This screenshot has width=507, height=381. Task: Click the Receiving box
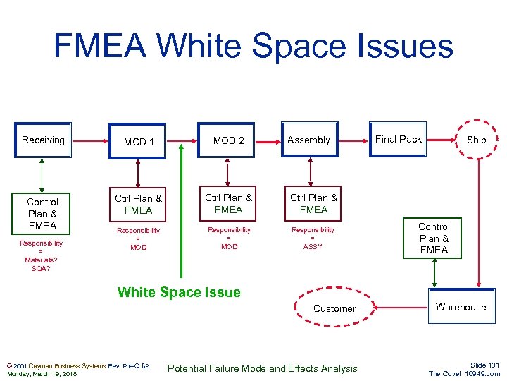coord(43,140)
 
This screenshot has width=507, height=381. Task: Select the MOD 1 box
coord(139,141)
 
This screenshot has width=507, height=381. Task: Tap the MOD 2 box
coord(228,140)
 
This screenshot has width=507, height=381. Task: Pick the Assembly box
coord(308,140)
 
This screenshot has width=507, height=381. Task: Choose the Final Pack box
coord(398,140)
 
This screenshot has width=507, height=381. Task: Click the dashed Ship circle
coord(476,140)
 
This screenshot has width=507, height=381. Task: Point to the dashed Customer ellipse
coord(334,308)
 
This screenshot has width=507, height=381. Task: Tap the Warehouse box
coord(461,307)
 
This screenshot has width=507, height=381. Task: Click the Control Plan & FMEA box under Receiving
coord(43,213)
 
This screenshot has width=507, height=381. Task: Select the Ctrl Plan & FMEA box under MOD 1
coord(139,204)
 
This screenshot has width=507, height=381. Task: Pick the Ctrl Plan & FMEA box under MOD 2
coord(228,203)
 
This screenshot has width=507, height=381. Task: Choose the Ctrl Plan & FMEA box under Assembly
coord(313,203)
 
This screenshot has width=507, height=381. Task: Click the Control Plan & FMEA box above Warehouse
coord(434,238)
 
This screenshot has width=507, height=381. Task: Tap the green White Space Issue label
coord(179,292)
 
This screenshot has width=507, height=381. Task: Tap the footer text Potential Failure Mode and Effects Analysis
coord(263,368)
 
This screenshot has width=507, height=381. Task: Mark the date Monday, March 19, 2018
coord(42,374)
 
